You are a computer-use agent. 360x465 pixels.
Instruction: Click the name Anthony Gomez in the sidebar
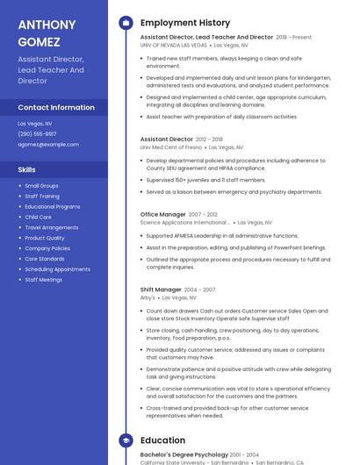tap(40, 32)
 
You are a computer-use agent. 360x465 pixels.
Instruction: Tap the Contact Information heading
tap(56, 107)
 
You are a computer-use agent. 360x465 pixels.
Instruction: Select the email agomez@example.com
tap(41, 144)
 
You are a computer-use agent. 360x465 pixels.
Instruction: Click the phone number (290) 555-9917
tap(37, 133)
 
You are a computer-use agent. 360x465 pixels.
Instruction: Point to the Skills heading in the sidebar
tap(27, 169)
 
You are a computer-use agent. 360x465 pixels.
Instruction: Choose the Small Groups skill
tap(41, 186)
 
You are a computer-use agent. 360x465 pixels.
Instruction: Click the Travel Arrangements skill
tap(51, 227)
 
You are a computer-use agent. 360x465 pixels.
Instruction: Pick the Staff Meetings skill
tap(43, 279)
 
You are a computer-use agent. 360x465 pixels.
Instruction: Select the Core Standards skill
tap(44, 259)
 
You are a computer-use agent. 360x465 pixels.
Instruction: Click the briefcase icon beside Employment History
tap(126, 23)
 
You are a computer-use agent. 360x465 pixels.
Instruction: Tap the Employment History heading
tap(185, 23)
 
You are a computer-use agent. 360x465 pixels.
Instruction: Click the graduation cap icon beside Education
tap(126, 440)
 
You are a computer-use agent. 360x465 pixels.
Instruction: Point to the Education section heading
tap(162, 440)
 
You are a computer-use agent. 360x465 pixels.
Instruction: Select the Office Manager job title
tap(163, 214)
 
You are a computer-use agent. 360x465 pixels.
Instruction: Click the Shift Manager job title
tap(161, 289)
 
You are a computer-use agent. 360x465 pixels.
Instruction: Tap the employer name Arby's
tap(148, 297)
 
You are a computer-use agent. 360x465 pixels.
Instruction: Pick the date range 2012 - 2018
tap(209, 139)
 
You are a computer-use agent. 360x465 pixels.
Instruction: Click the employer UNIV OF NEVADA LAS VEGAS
tap(174, 45)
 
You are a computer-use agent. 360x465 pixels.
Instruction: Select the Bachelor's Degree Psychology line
tap(184, 454)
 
